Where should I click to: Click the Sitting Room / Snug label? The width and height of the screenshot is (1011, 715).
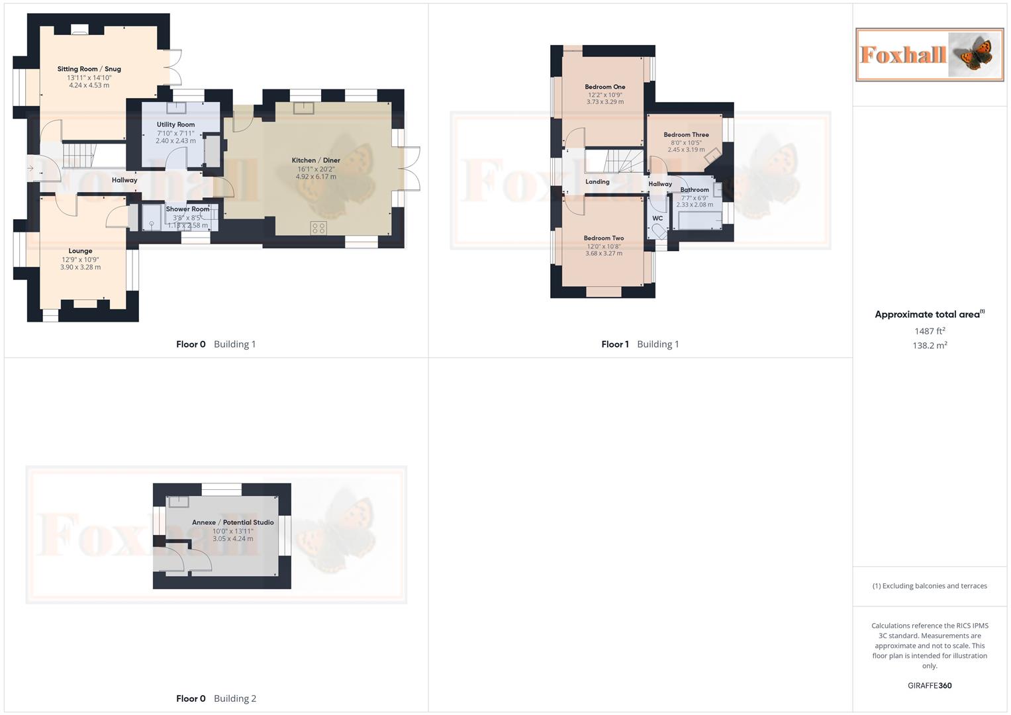(x=89, y=69)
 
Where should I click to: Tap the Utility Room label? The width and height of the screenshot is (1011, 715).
(x=175, y=124)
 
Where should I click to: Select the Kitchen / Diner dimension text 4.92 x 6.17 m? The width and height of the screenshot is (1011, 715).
(x=316, y=177)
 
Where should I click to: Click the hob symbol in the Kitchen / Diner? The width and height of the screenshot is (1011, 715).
(x=318, y=228)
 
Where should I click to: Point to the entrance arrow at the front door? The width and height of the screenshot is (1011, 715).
(x=30, y=169)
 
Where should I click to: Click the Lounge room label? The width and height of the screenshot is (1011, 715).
(x=80, y=251)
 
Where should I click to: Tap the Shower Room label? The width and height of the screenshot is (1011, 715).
(x=187, y=209)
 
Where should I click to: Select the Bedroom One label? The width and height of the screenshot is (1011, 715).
(x=604, y=87)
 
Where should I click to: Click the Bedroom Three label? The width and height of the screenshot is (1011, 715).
(x=686, y=134)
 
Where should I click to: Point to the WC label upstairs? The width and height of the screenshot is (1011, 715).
(x=657, y=218)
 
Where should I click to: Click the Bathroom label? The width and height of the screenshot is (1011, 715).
(x=695, y=190)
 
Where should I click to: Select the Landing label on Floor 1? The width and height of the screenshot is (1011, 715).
(x=597, y=181)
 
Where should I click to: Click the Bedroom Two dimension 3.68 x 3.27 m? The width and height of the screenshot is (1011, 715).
(x=603, y=254)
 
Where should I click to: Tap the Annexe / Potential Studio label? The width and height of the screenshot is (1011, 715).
(x=232, y=522)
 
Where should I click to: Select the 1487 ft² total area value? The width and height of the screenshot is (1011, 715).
(x=930, y=331)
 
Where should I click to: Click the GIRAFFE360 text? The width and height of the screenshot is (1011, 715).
(x=930, y=685)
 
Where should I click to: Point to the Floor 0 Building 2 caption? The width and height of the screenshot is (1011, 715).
(x=216, y=698)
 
